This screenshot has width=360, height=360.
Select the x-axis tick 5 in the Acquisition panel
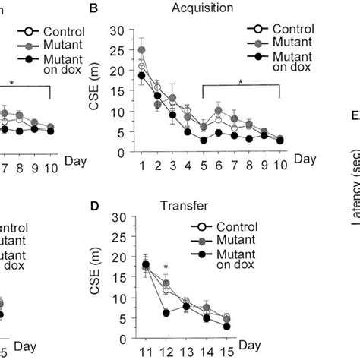click(204, 166)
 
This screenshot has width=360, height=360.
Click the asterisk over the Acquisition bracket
click(240, 80)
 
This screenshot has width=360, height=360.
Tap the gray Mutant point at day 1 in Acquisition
click(141, 50)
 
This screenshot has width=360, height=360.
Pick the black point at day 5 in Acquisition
click(204, 140)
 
